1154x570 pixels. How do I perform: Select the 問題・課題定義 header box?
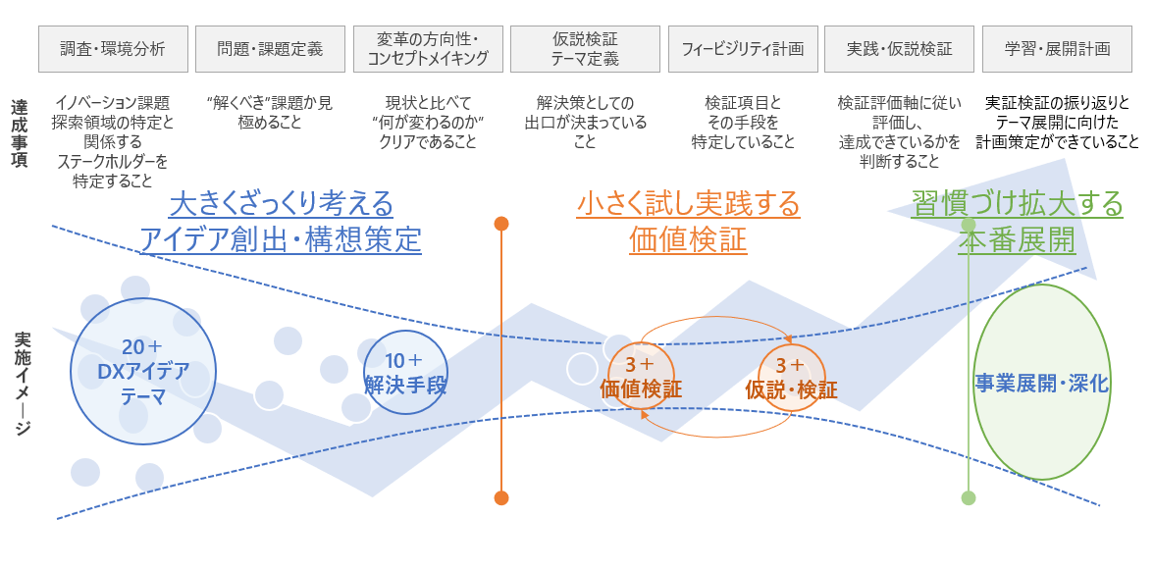pos(270,49)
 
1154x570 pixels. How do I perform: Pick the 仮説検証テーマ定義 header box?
pos(585,49)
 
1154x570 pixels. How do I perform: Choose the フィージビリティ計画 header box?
pos(742,49)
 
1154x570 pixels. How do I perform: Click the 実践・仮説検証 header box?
pos(899,49)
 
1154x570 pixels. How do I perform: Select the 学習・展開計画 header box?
pos(1057,49)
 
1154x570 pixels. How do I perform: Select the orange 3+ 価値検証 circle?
pos(641,376)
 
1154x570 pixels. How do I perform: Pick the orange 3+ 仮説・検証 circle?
pos(791,377)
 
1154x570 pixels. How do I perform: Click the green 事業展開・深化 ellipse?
pos(1041,382)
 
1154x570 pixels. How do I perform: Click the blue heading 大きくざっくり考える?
pos(281,205)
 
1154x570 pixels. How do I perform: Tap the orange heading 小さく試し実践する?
pos(688,205)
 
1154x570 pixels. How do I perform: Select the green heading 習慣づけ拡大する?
pos(1017,205)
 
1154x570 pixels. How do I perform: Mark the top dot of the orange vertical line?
pos(501,224)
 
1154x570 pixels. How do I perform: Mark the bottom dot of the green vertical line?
pos(969,497)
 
